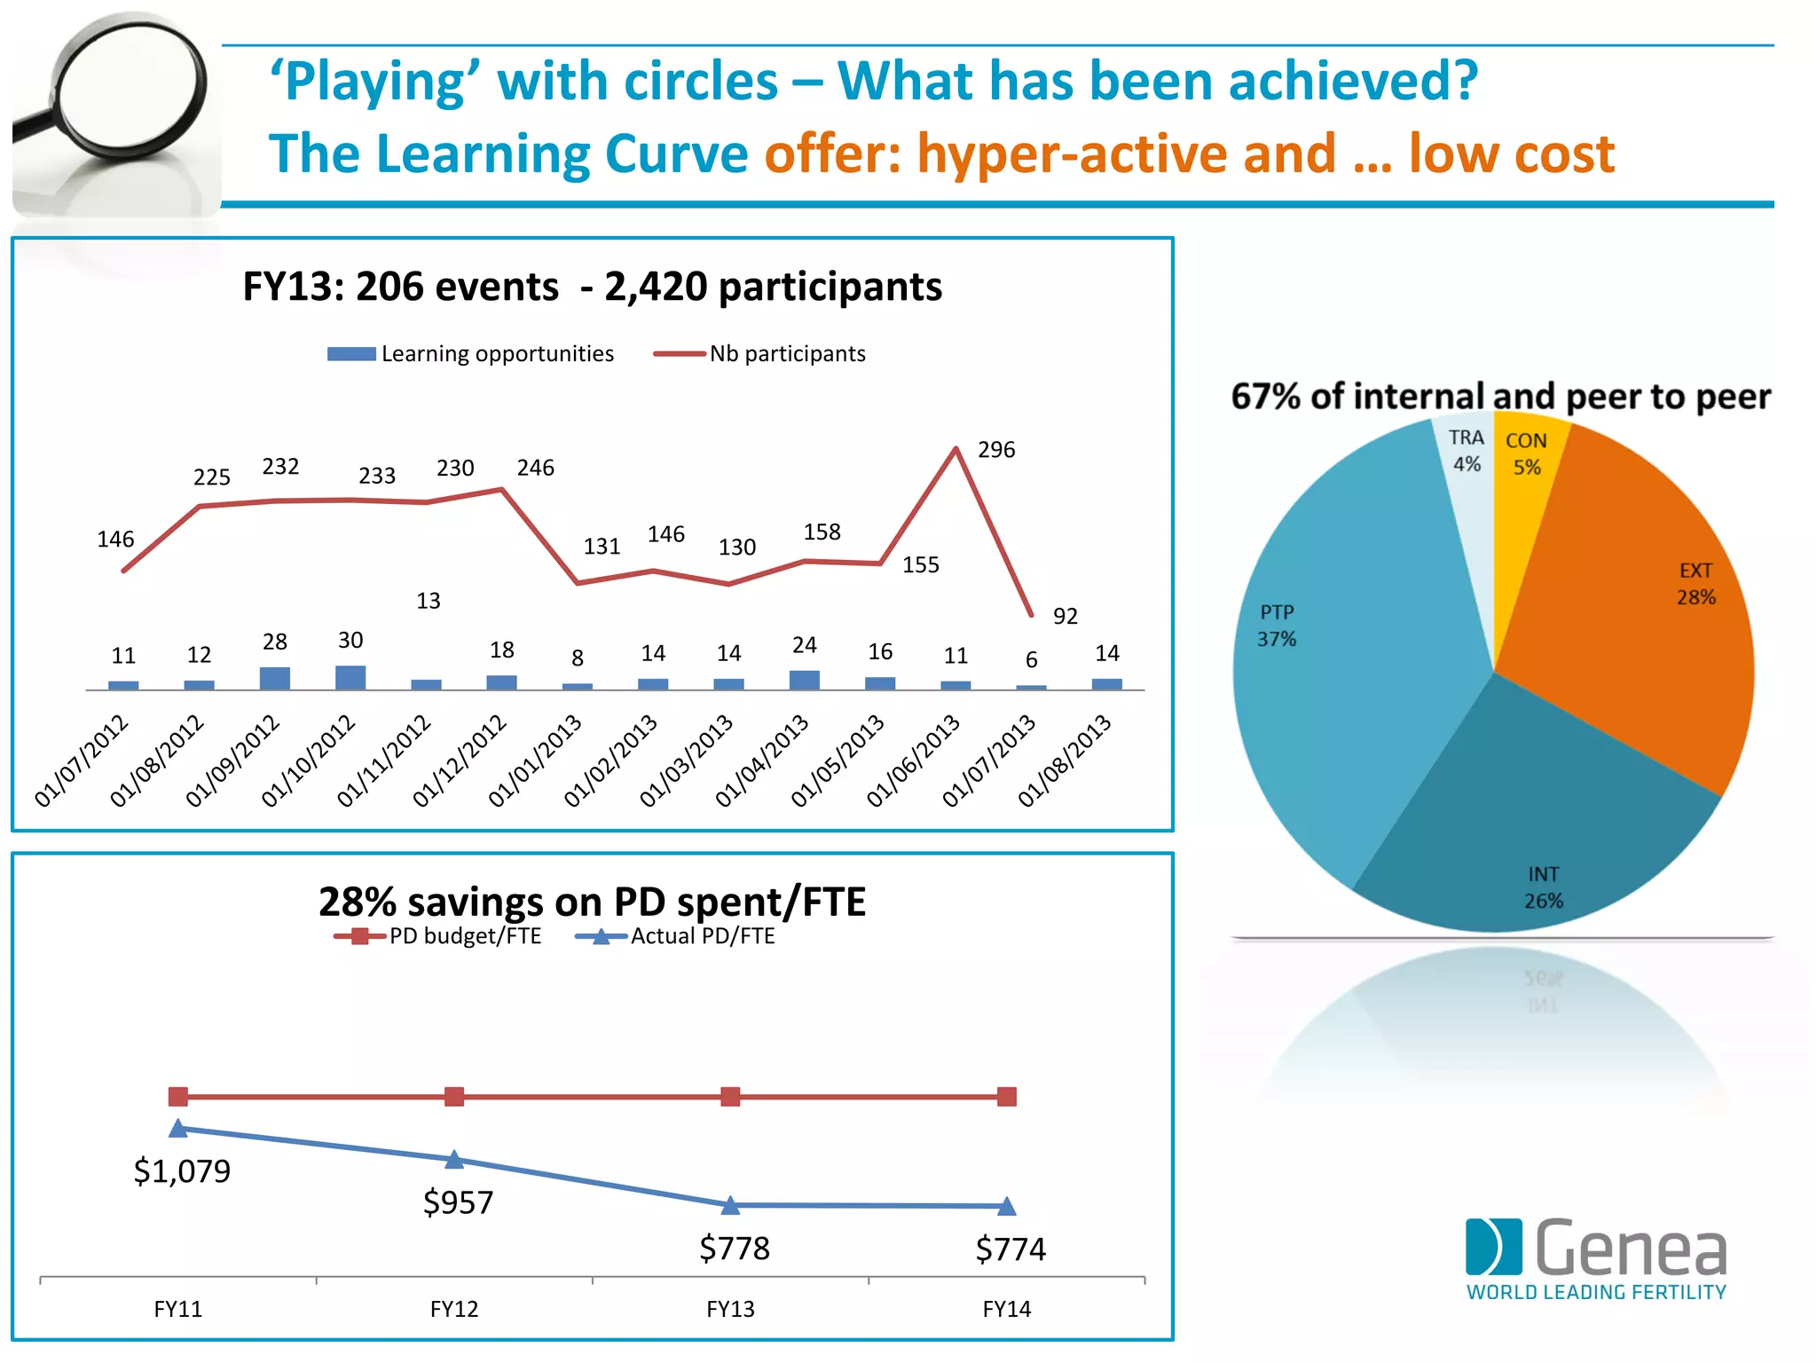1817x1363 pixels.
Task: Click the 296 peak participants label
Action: click(x=995, y=450)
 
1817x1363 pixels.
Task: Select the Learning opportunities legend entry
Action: click(x=470, y=354)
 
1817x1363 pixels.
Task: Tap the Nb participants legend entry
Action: click(x=759, y=354)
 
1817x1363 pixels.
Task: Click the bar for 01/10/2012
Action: click(x=350, y=677)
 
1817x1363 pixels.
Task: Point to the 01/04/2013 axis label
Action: click(x=762, y=760)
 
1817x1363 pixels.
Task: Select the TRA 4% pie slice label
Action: click(x=1466, y=451)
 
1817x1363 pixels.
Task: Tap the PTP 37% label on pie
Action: click(x=1277, y=626)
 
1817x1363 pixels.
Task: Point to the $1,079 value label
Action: click(x=182, y=1171)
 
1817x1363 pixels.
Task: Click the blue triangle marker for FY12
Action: click(x=454, y=1159)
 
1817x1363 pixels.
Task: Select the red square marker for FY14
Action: click(x=1006, y=1097)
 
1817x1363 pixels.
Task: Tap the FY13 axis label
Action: click(x=730, y=1309)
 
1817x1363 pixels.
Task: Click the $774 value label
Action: click(x=1011, y=1249)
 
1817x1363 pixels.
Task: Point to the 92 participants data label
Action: click(x=1065, y=617)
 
